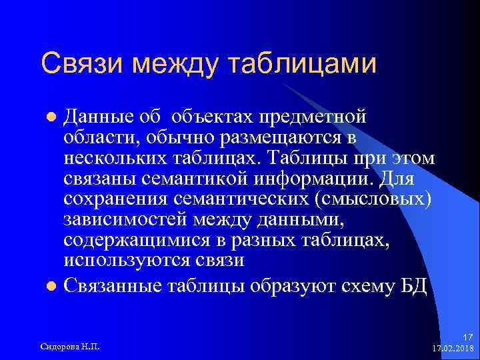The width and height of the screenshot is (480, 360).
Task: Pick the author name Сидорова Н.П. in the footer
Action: [71, 346]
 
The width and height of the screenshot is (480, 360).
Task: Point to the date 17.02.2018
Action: [452, 348]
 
